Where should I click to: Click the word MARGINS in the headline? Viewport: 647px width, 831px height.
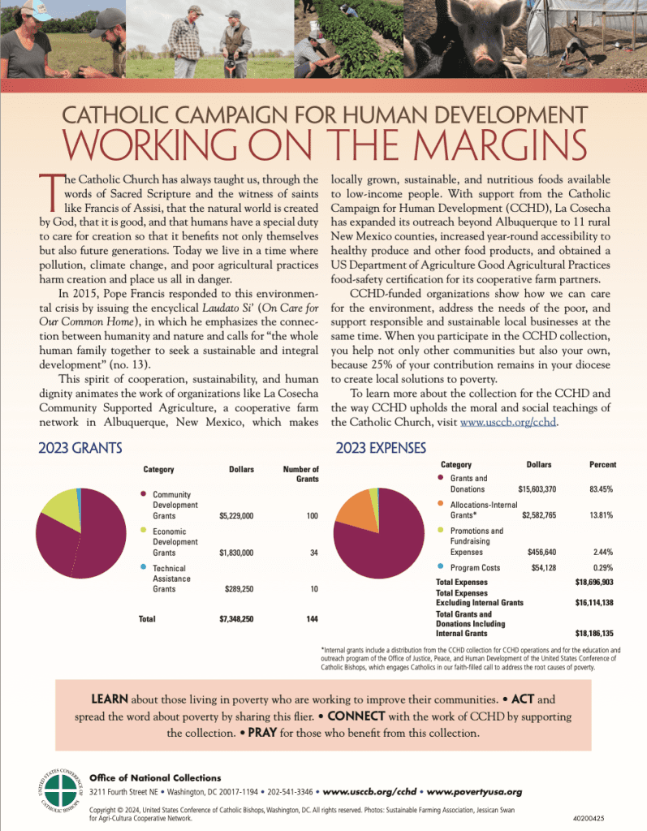click(503, 144)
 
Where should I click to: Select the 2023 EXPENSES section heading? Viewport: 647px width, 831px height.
click(382, 447)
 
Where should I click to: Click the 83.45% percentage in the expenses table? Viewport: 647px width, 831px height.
click(601, 489)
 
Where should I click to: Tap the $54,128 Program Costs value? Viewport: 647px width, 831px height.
click(539, 567)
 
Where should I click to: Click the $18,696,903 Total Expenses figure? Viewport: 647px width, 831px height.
click(594, 583)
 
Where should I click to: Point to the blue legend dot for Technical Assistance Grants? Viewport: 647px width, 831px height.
click(144, 567)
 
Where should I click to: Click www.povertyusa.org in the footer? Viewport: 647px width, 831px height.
click(473, 791)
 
